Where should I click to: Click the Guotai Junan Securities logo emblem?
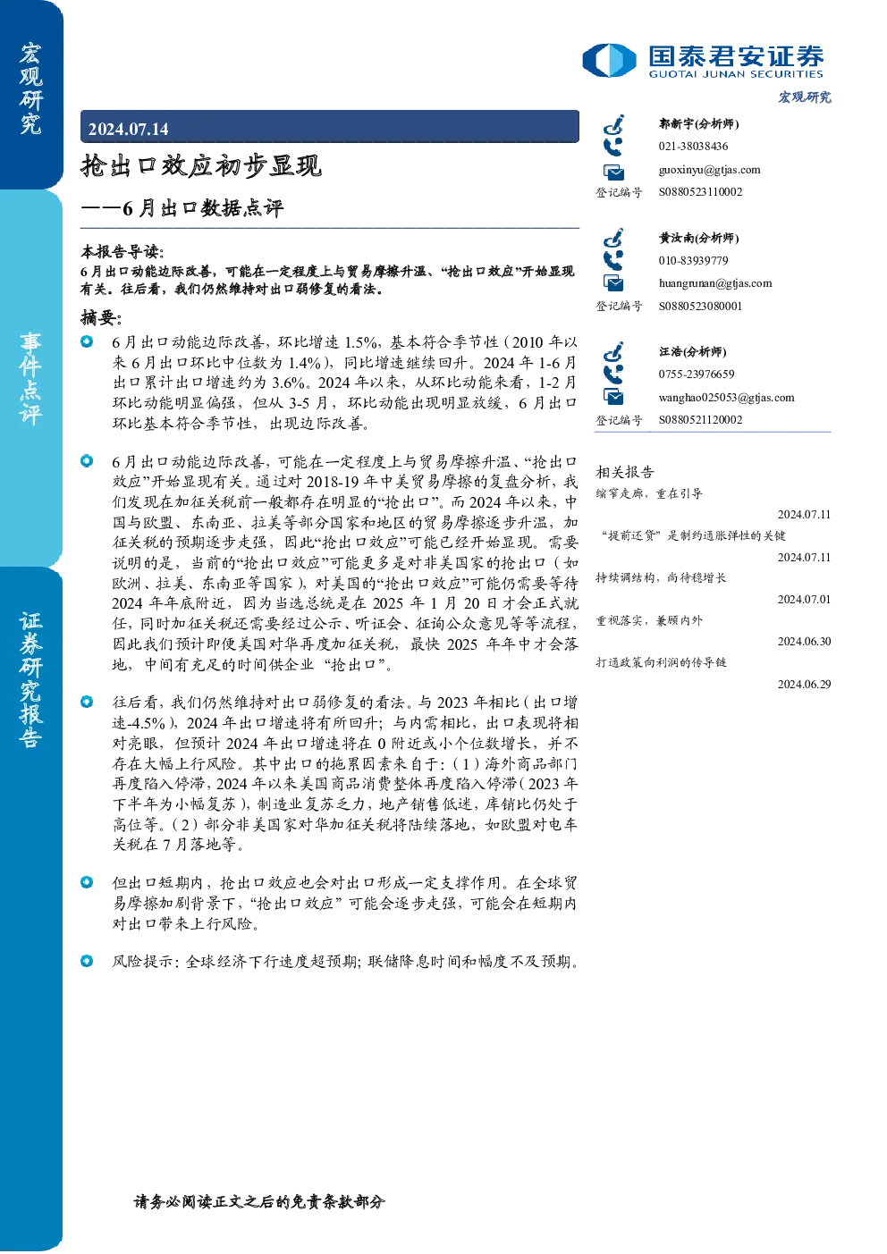pos(609,60)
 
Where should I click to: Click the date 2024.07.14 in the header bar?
pos(128,130)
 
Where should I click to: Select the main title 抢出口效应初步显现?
pos(201,165)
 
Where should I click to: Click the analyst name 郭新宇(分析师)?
pos(698,123)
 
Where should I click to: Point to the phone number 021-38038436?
pos(693,146)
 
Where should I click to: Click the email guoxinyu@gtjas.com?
pos(709,170)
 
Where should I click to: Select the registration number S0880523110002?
pos(700,192)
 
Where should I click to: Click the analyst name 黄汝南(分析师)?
pos(698,238)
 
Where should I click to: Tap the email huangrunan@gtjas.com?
pos(715,283)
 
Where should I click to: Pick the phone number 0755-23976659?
pos(696,374)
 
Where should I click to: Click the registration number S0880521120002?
pos(700,420)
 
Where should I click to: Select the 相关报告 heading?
pos(624,472)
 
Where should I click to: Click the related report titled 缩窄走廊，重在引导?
pos(649,493)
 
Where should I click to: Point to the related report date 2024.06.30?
pos(804,642)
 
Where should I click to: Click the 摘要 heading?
pos(101,318)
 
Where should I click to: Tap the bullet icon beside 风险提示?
pos(87,961)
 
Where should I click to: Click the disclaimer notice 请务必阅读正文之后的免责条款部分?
pos(259,1201)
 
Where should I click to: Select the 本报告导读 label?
pos(122,251)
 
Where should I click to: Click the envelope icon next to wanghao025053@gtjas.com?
pos(613,398)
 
